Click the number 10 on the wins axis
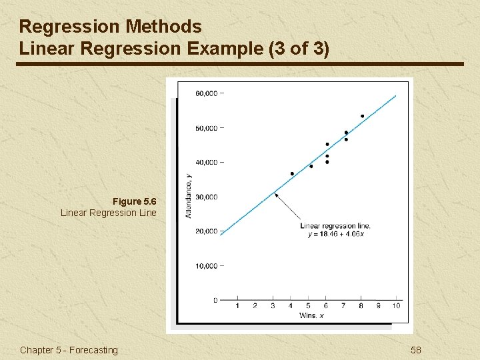[x=396, y=306]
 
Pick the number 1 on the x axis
[x=238, y=306]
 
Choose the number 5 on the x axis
[x=308, y=306]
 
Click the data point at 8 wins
[x=362, y=116]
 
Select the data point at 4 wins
[x=292, y=174]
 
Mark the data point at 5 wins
[x=311, y=166]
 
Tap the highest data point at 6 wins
[x=327, y=144]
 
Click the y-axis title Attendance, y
[x=189, y=195]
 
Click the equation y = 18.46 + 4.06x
[x=335, y=234]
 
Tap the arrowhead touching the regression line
[x=276, y=195]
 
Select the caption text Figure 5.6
[x=134, y=201]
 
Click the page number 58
[x=416, y=350]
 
